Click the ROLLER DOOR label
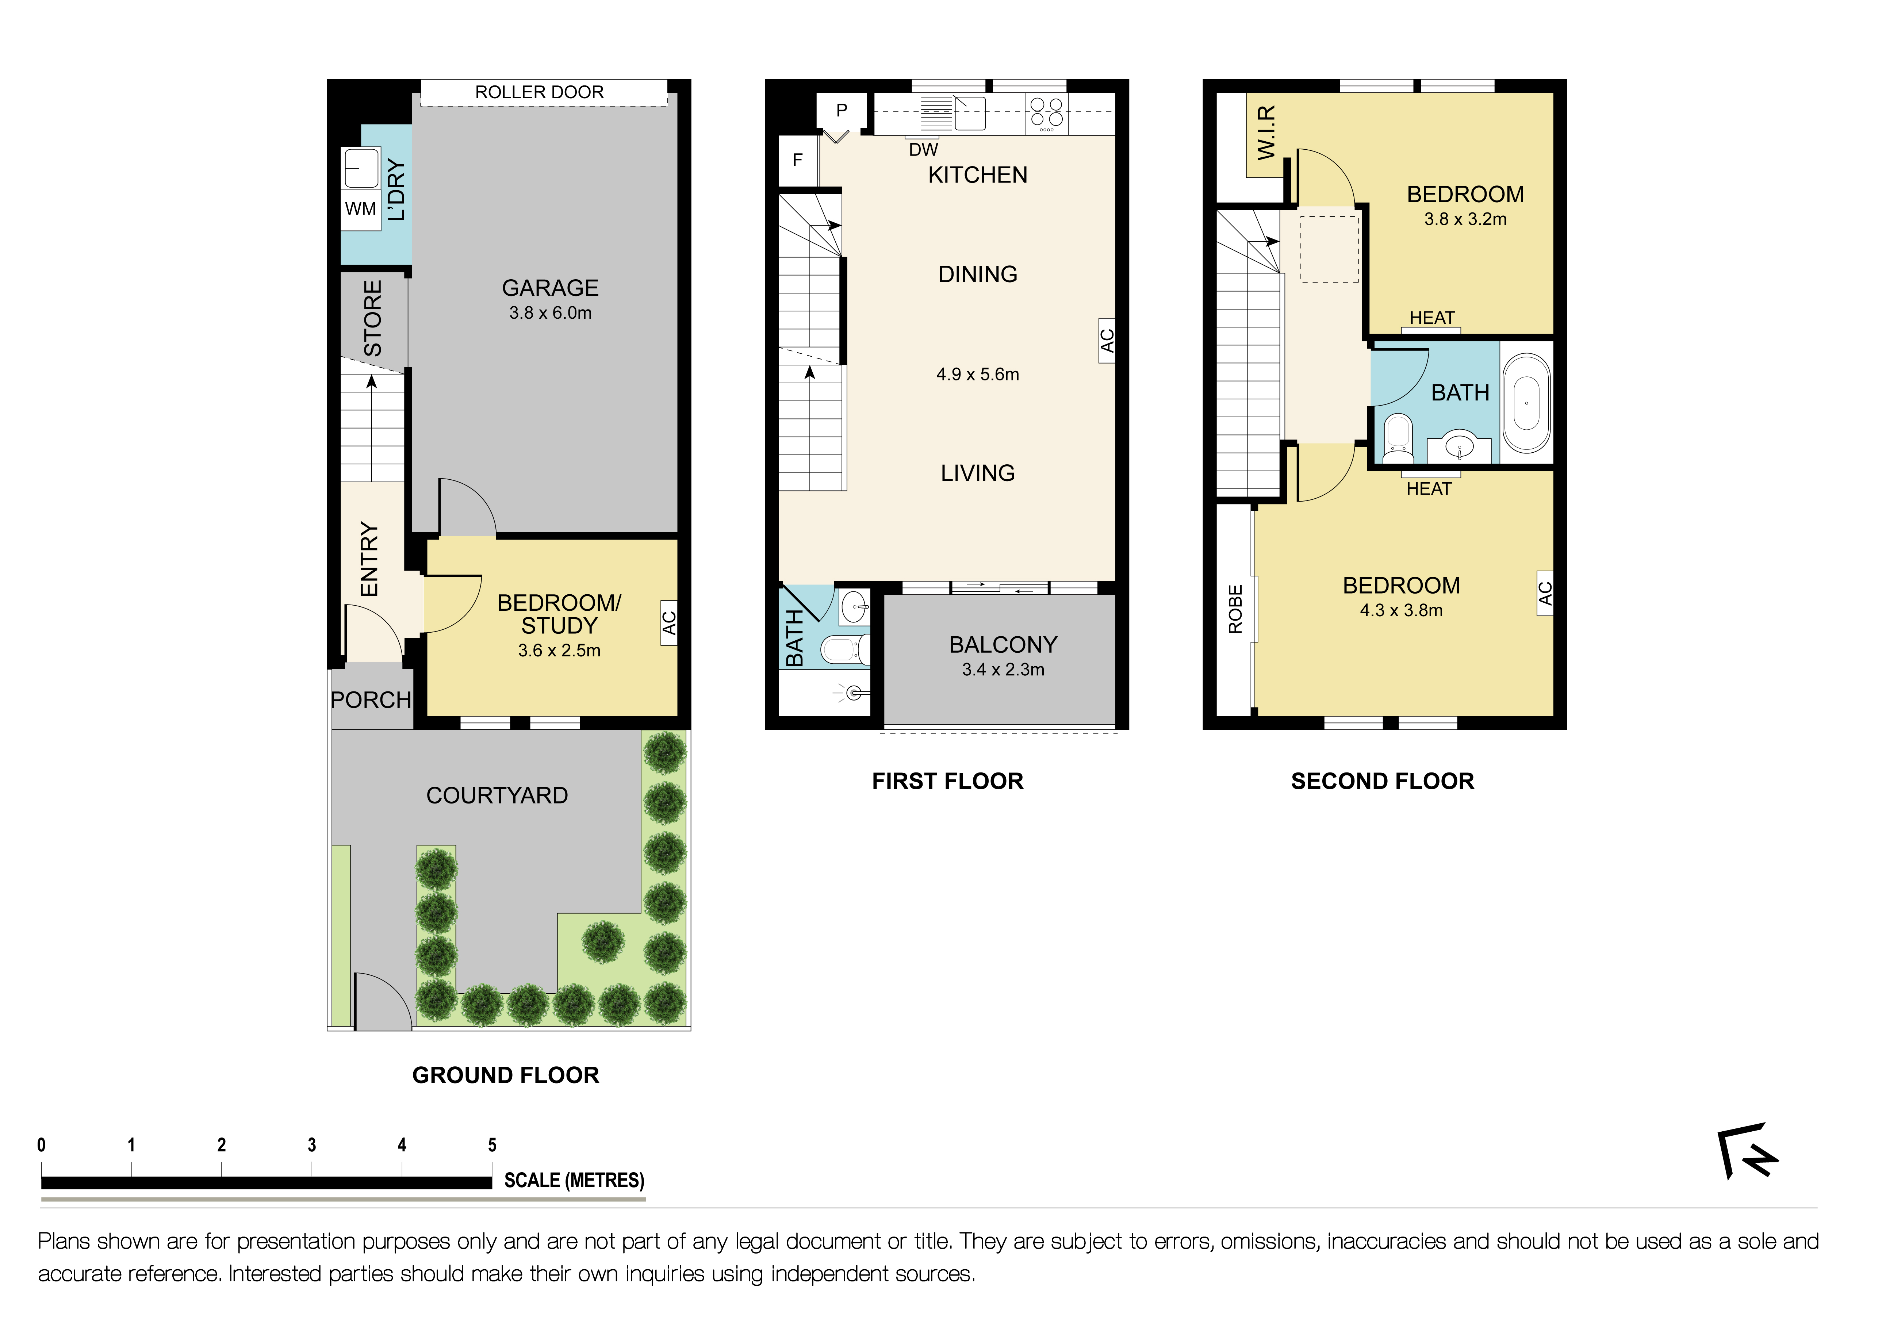[539, 92]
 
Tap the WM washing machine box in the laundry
[361, 209]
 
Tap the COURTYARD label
[497, 795]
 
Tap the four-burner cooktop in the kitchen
[1047, 114]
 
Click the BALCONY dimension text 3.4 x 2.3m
[1003, 670]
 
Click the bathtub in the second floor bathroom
[1526, 403]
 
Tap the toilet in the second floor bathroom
[1398, 438]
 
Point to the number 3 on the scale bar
[311, 1145]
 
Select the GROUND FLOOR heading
[506, 1075]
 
